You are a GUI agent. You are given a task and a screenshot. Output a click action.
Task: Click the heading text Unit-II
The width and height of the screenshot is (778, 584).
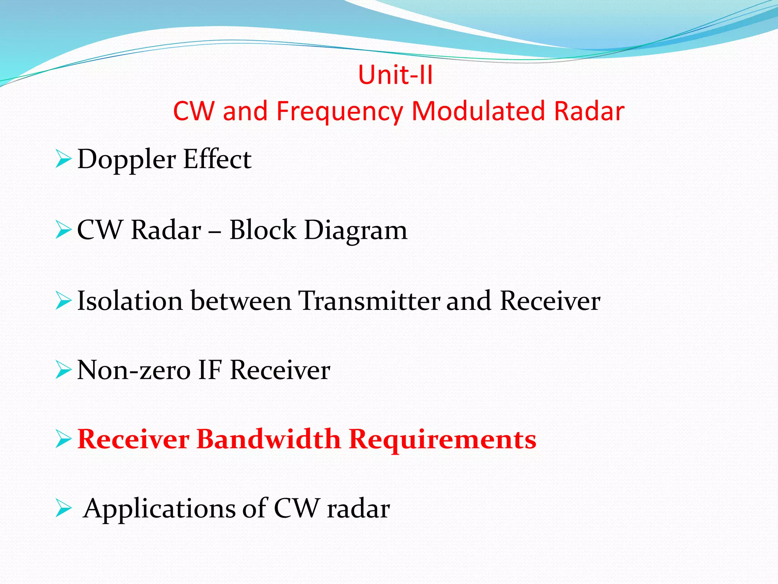tap(395, 75)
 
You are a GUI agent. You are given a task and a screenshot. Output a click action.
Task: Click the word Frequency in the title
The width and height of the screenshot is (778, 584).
tap(339, 112)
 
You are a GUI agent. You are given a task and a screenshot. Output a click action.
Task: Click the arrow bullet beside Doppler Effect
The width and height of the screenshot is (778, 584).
tap(63, 159)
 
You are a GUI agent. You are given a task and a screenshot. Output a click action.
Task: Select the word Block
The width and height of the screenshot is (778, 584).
tap(262, 230)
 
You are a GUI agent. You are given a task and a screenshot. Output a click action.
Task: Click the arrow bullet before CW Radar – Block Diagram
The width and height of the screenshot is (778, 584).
tap(63, 230)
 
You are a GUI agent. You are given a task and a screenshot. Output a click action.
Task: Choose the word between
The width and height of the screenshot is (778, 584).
tap(240, 301)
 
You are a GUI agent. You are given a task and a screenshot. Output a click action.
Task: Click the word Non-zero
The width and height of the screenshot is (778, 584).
tap(133, 370)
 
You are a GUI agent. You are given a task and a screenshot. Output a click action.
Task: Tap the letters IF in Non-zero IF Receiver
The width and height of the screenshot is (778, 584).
tap(209, 370)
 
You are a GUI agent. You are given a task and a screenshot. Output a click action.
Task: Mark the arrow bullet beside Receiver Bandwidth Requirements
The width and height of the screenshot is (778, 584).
tap(63, 440)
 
